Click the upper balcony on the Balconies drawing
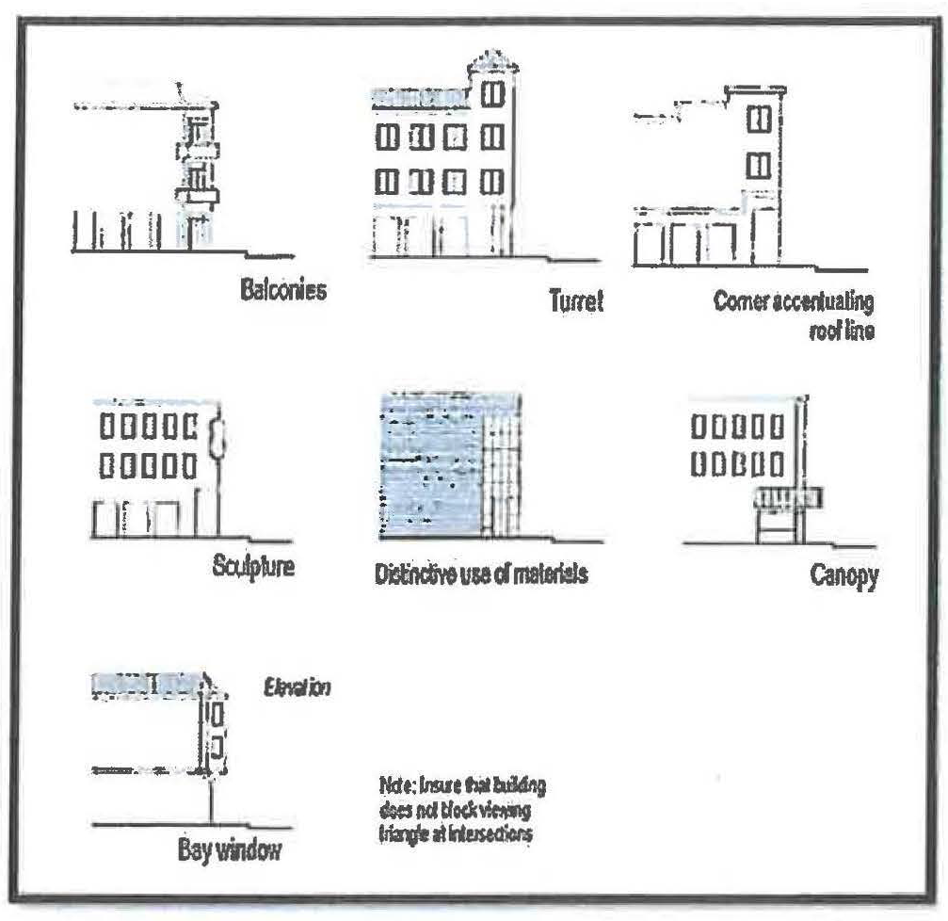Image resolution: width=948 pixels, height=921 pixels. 198,151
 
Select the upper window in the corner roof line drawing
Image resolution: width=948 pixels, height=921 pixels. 759,121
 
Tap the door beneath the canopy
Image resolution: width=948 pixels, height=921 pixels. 778,526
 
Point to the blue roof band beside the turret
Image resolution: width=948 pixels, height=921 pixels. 419,96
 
